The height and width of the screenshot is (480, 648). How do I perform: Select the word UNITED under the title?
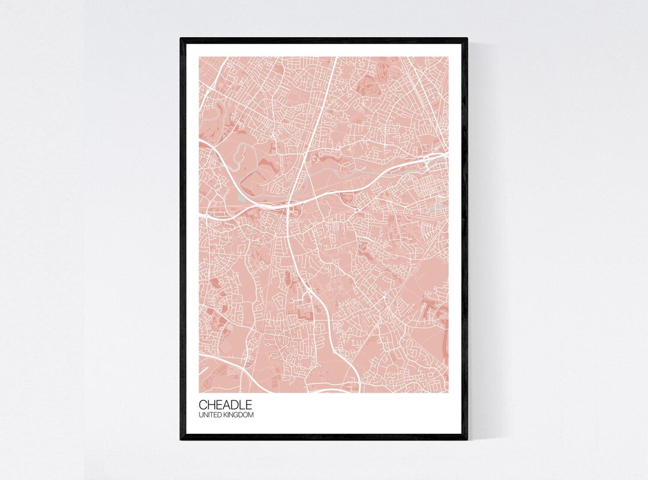tap(210, 415)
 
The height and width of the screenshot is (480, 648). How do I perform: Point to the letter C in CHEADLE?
tap(203, 405)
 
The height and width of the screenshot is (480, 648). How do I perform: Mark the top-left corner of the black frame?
tap(181, 39)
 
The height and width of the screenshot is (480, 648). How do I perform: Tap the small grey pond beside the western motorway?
tap(241, 196)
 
